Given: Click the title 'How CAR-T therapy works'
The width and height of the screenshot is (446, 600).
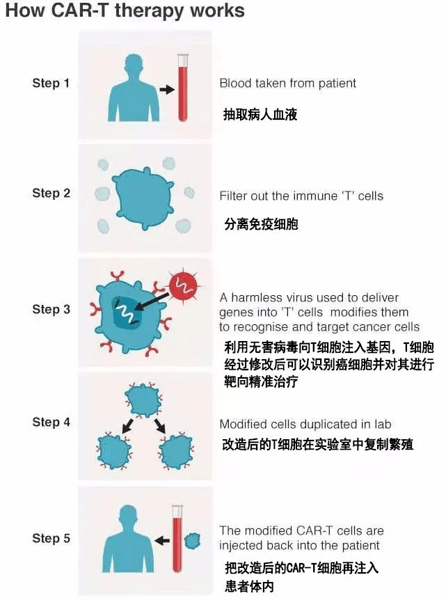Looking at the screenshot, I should pyautogui.click(x=125, y=12).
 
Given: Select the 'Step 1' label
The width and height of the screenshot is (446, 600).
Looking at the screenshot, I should pyautogui.click(x=51, y=84).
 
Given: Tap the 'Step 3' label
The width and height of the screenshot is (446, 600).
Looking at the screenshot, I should pyautogui.click(x=51, y=309).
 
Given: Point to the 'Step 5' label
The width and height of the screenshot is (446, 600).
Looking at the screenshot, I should pyautogui.click(x=51, y=538).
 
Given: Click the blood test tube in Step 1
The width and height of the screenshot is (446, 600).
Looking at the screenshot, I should pyautogui.click(x=184, y=90).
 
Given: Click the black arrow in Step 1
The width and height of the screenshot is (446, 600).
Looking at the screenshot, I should pyautogui.click(x=166, y=90).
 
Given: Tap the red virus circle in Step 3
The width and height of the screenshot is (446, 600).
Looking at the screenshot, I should pyautogui.click(x=182, y=284).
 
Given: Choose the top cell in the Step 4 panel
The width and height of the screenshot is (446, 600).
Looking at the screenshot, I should pyautogui.click(x=143, y=400).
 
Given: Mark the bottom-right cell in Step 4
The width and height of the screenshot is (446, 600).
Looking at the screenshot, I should pyautogui.click(x=177, y=450).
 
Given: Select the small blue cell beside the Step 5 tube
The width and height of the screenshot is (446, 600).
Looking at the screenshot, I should pyautogui.click(x=192, y=540).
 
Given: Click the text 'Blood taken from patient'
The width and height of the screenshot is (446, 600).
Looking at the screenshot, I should pyautogui.click(x=287, y=84).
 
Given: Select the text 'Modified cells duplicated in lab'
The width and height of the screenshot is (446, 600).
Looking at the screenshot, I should pyautogui.click(x=305, y=424).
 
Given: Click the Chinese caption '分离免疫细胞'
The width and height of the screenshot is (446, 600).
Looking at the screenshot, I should pyautogui.click(x=261, y=225).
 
